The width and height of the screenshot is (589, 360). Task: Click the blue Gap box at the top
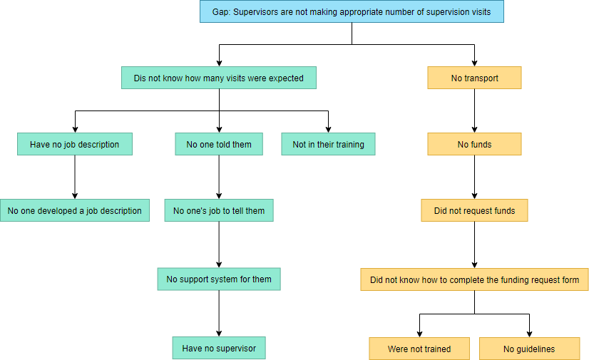point(352,12)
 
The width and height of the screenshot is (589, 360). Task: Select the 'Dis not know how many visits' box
point(219,78)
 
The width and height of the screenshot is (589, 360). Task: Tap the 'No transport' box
point(474,78)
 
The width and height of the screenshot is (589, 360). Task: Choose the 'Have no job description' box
point(75,145)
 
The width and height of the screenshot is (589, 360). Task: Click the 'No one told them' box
point(219,145)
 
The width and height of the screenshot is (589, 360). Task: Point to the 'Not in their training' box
point(328,145)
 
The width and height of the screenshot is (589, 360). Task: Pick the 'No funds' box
point(474,145)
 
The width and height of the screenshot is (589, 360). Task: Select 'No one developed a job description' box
point(75,211)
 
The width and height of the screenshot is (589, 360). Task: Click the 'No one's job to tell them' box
point(219,211)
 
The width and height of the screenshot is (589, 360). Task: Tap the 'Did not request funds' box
point(474,211)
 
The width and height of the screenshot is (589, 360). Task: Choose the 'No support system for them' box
point(219,279)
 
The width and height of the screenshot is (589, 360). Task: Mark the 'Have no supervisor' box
point(219,349)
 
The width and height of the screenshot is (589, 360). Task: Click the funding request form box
point(474,280)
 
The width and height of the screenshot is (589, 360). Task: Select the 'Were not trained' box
point(419,349)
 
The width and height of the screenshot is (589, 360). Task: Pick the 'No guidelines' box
point(529,349)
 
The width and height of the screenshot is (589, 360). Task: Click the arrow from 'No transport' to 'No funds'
point(474,111)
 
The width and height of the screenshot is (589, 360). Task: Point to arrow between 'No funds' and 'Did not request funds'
point(474,178)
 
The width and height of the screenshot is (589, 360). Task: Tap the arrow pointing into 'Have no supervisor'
point(219,314)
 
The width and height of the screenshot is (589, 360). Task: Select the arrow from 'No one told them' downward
point(219,178)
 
